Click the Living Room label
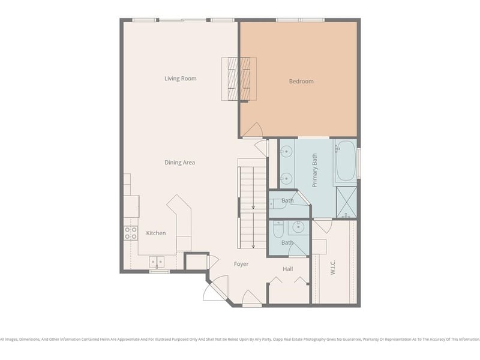tap(181, 79)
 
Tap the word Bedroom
tap(301, 82)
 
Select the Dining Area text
tap(180, 163)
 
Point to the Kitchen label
tap(156, 233)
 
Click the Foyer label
tap(241, 264)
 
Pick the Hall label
tap(288, 269)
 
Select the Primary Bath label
tap(314, 170)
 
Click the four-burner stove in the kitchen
tap(131, 233)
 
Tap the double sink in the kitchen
tap(157, 262)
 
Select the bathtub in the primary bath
tap(345, 161)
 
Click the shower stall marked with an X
tap(346, 202)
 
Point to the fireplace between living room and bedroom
tap(239, 79)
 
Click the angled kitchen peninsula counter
tap(181, 220)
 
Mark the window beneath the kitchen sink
tap(159, 272)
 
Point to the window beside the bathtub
tap(359, 163)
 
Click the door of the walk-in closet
tap(323, 226)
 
